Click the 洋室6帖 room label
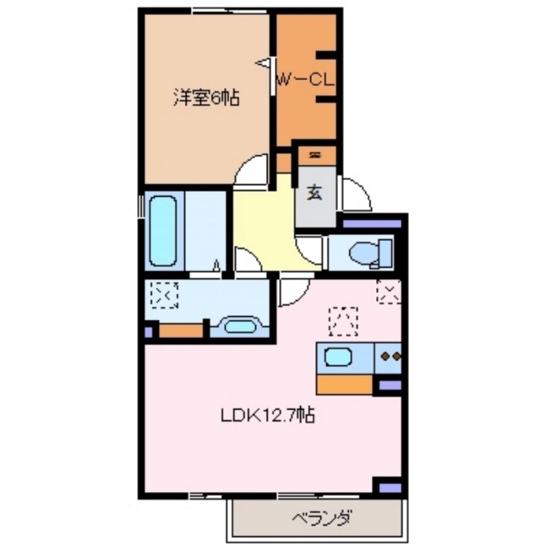[205, 98]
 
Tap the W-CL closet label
[304, 80]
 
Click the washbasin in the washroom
[239, 326]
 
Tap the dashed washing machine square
[164, 296]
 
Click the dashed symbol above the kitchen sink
[343, 321]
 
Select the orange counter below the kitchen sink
[345, 384]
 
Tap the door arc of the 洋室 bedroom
[251, 171]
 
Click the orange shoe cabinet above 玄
[315, 156]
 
